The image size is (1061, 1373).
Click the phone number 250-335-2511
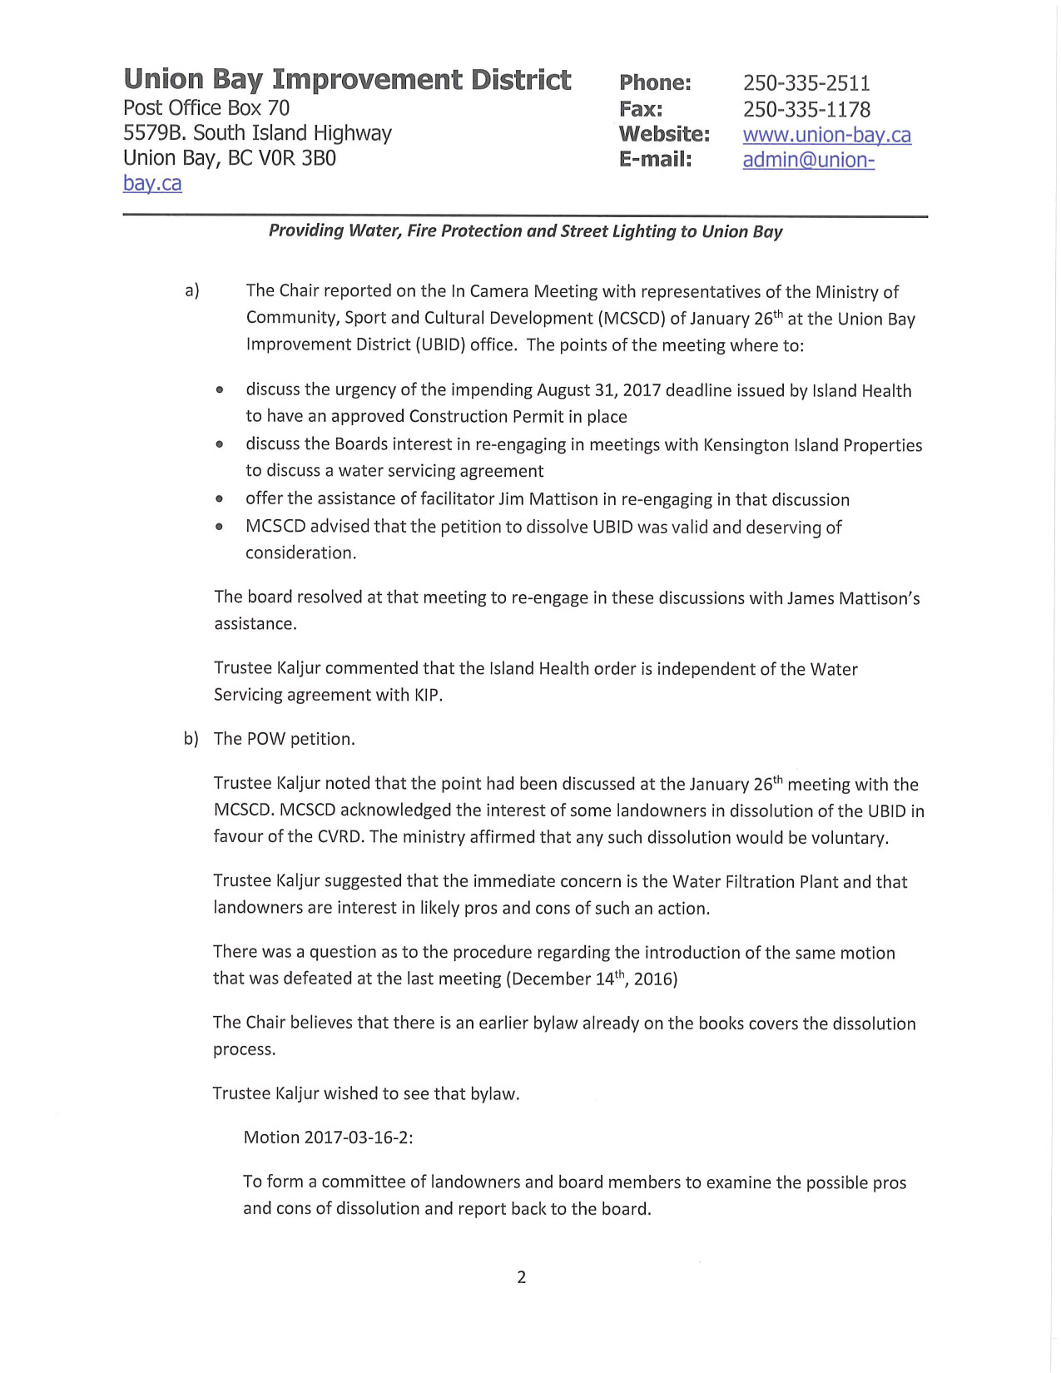point(806,83)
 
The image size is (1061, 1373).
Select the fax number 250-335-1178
point(806,109)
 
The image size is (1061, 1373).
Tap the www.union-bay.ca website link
point(826,135)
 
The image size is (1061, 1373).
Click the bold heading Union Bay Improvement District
point(347,80)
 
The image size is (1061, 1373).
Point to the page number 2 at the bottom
point(522,1277)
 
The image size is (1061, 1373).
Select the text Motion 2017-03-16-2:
point(328,1138)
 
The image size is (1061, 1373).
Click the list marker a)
point(192,290)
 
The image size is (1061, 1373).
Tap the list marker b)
point(191,739)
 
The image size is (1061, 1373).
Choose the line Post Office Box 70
point(206,108)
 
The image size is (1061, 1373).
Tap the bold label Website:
point(664,134)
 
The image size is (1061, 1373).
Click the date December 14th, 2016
point(592,979)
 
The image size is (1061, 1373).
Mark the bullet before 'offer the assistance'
point(219,500)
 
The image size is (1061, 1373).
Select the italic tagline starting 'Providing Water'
point(525,231)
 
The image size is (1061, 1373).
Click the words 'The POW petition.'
point(285,739)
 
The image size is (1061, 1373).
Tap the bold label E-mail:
point(656,159)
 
